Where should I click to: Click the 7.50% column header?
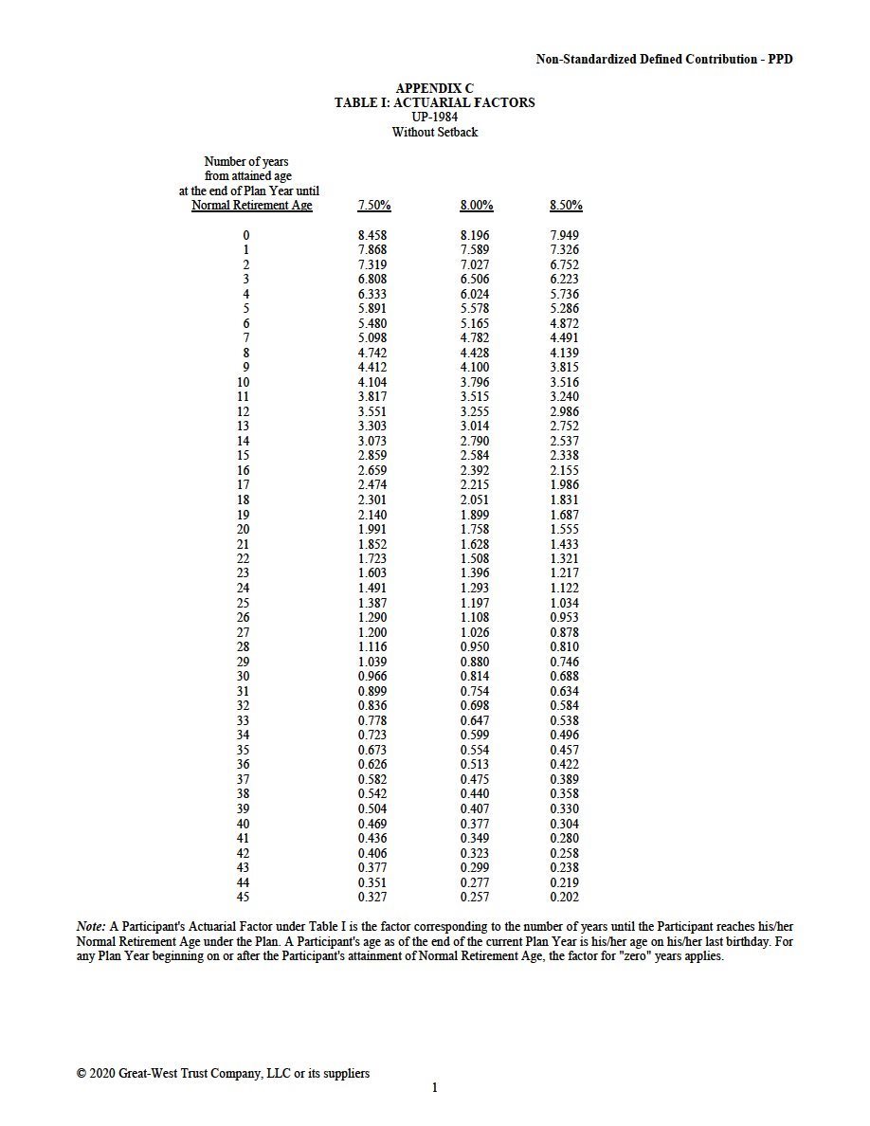[x=374, y=206]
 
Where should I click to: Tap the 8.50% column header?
[x=566, y=206]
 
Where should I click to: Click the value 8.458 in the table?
[x=372, y=235]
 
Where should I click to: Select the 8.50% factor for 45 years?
[x=564, y=897]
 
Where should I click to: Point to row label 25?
[x=244, y=603]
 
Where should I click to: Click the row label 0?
[x=246, y=235]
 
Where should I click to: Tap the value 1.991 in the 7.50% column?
[x=372, y=529]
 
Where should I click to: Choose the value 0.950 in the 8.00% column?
[x=475, y=646]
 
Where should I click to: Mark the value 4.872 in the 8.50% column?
[x=564, y=323]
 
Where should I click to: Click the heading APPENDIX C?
[x=434, y=88]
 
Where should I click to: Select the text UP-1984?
[x=435, y=118]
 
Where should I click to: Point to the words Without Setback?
[x=435, y=133]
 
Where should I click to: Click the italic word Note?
[x=90, y=924]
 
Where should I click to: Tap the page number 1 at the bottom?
[x=435, y=1088]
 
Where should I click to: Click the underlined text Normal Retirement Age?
[x=251, y=206]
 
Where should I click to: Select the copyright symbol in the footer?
[x=81, y=1074]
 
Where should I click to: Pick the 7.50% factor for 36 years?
[x=372, y=764]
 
